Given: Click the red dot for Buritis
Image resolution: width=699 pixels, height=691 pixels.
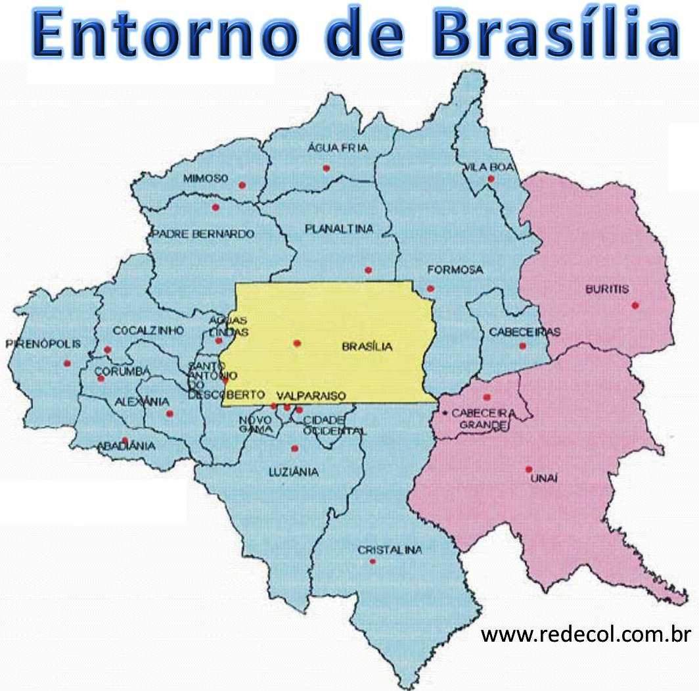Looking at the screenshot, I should [x=635, y=304].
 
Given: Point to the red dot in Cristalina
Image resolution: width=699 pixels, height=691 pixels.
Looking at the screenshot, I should [x=372, y=561].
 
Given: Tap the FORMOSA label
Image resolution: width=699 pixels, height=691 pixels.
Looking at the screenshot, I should [x=455, y=270].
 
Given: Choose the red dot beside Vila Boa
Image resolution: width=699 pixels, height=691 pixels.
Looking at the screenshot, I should [x=491, y=179].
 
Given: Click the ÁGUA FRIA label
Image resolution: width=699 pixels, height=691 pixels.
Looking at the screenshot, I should [x=338, y=149].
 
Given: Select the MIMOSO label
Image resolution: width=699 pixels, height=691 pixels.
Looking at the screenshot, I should [x=206, y=178].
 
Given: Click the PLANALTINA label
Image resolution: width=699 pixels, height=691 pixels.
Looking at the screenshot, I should [x=339, y=229].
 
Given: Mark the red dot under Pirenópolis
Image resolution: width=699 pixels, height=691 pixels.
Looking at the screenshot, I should [x=66, y=363].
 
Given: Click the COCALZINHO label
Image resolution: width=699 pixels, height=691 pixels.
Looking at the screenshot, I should [x=148, y=330].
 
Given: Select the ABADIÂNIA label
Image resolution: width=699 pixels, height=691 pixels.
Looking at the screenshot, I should [x=127, y=446].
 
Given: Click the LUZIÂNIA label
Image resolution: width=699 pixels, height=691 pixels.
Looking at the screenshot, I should [x=294, y=471].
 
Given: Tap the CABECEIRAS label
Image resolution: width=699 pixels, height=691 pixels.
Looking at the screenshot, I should [x=525, y=332].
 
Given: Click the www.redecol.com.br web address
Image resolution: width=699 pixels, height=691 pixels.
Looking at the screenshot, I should [x=586, y=635].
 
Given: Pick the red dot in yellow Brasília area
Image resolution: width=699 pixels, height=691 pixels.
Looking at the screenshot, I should [x=297, y=343].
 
